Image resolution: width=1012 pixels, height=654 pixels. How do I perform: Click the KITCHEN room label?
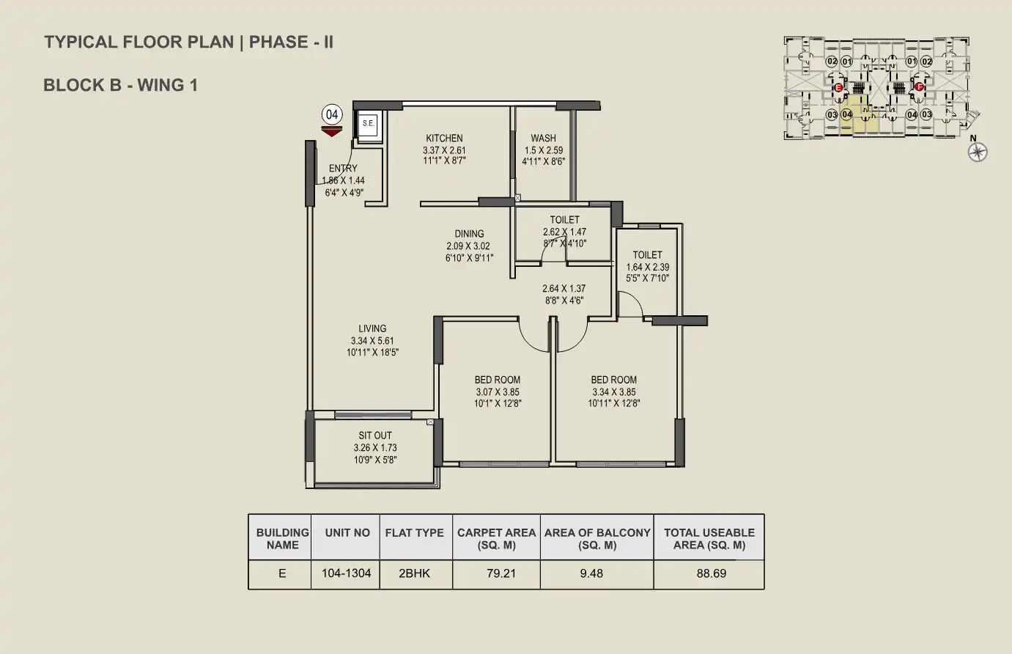(444, 138)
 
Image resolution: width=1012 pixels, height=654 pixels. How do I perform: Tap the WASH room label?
(543, 138)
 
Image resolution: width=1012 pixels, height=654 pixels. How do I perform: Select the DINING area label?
(469, 234)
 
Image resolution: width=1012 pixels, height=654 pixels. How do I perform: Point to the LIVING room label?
(372, 328)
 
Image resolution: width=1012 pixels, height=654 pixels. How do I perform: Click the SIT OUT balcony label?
(375, 436)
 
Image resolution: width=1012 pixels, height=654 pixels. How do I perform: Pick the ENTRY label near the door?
(343, 169)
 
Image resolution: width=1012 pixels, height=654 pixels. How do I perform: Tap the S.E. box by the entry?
(368, 124)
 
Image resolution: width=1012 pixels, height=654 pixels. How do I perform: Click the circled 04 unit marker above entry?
(332, 114)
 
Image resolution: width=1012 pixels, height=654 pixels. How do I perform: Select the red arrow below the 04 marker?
(332, 131)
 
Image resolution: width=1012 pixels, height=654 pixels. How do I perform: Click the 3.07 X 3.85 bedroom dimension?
(498, 392)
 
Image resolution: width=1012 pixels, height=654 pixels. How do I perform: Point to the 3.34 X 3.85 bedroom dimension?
(614, 392)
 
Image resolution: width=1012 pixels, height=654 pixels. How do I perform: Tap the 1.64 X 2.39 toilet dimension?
(648, 268)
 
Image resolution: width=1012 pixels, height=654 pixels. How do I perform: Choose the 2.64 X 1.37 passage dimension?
(564, 289)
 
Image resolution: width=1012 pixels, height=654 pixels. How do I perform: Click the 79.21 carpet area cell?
(501, 573)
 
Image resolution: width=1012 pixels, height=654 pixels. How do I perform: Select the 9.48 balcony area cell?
(591, 573)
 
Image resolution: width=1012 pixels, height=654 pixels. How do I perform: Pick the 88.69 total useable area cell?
(711, 573)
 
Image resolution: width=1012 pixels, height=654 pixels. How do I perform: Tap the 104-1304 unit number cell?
(347, 573)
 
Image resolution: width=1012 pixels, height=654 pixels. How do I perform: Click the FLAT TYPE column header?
(415, 533)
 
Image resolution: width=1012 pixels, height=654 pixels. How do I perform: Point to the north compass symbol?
(978, 152)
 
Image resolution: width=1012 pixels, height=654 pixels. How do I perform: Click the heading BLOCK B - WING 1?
(121, 85)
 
